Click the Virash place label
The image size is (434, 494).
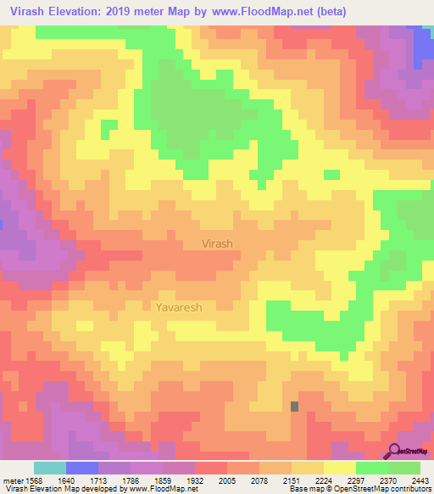[217, 244]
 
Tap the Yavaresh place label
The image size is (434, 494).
[179, 307]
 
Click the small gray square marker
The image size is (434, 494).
[294, 407]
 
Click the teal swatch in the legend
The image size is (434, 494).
[50, 468]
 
